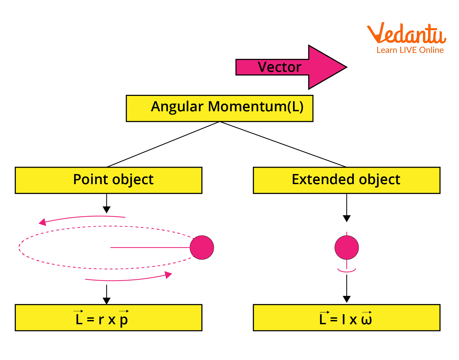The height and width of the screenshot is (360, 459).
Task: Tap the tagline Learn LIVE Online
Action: (410, 50)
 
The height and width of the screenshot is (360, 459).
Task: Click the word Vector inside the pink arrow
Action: (280, 67)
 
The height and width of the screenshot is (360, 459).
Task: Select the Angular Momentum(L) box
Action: (219, 108)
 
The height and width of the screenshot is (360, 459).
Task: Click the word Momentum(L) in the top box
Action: (255, 106)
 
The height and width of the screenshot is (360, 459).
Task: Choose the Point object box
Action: (109, 180)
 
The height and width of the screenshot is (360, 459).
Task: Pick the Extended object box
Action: (346, 180)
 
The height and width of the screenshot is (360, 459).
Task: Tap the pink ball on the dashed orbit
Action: (202, 247)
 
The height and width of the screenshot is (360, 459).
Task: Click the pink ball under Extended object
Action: (346, 247)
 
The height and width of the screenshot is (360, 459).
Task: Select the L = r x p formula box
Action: (109, 318)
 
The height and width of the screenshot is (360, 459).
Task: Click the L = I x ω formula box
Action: (346, 318)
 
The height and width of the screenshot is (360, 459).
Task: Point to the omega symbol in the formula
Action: (367, 319)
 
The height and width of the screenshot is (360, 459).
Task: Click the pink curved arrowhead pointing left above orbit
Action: (43, 222)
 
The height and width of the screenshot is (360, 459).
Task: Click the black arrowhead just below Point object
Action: (107, 210)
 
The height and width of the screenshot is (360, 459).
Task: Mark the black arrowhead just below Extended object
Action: (346, 219)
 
